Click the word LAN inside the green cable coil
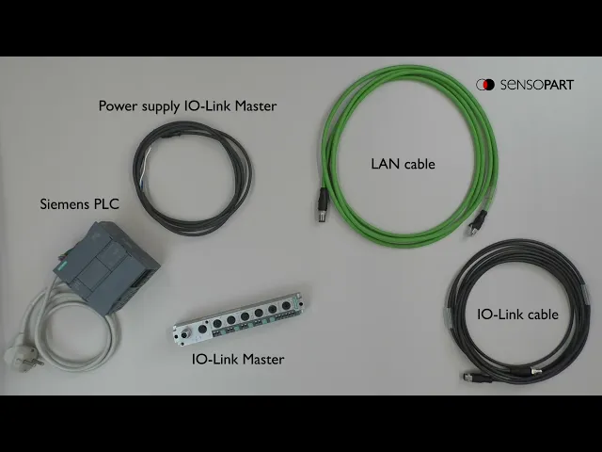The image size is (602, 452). tap(385, 164)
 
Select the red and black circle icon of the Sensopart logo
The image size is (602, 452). tap(484, 85)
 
